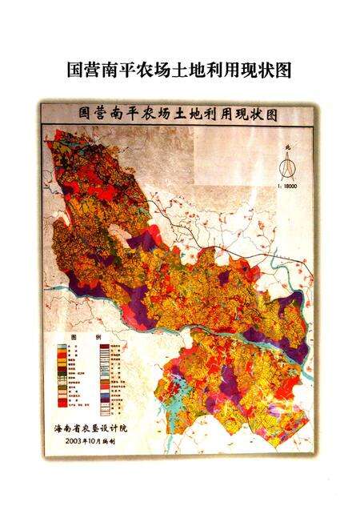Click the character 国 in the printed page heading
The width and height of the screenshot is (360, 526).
tap(75, 70)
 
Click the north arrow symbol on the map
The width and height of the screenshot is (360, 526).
tap(287, 166)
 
